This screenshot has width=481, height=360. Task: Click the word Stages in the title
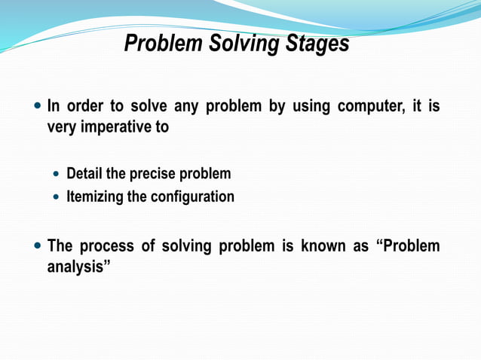point(317,44)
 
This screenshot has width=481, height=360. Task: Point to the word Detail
point(84,174)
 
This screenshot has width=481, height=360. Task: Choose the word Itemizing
point(96,197)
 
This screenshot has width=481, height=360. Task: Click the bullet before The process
point(38,246)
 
